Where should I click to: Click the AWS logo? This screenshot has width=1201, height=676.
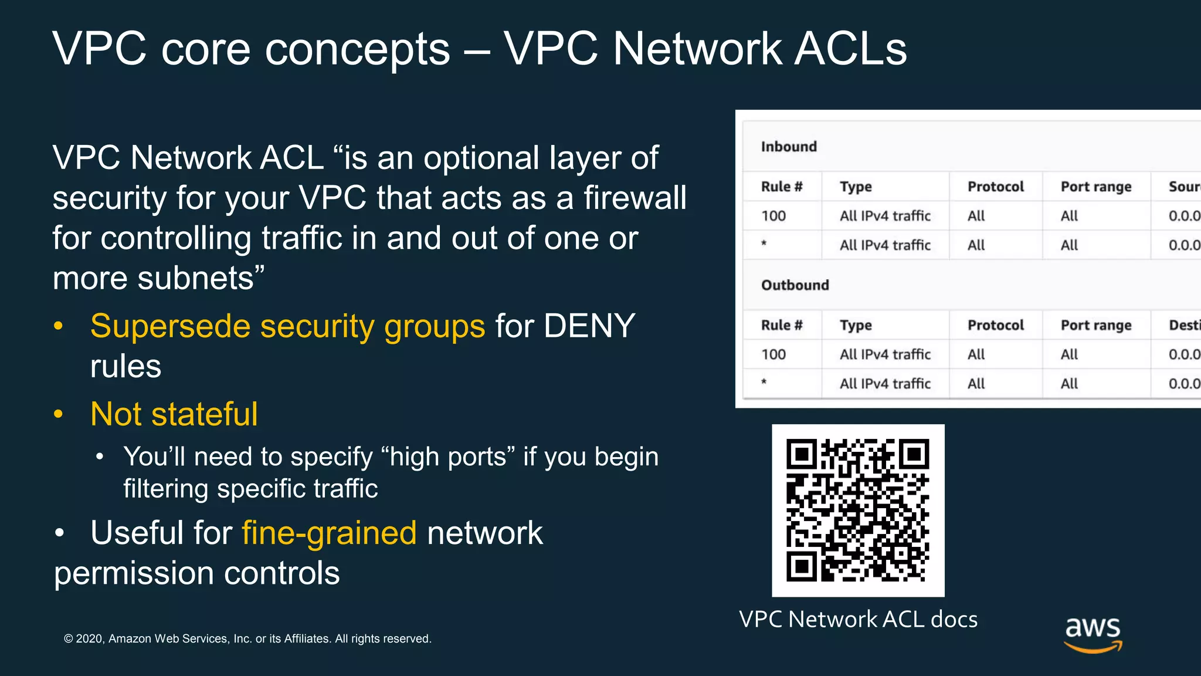click(x=1093, y=634)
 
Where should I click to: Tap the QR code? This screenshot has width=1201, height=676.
click(x=858, y=510)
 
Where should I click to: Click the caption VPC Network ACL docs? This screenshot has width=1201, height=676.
click(x=858, y=619)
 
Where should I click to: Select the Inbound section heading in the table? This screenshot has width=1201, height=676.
click(x=789, y=147)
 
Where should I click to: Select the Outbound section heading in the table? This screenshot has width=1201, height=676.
click(x=795, y=285)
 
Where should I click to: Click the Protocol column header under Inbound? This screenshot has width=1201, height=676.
click(x=995, y=187)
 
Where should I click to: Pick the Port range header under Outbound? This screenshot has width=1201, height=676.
click(x=1095, y=325)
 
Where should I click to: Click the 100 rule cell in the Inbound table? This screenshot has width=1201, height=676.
click(x=773, y=216)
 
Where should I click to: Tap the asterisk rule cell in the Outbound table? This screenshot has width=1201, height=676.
click(x=764, y=383)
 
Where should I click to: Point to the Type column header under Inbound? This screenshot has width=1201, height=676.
click(x=856, y=187)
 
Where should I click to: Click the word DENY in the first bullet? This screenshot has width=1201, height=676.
click(x=589, y=326)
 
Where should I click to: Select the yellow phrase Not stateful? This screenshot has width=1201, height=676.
click(x=174, y=414)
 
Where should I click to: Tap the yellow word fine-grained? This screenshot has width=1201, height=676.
click(x=329, y=533)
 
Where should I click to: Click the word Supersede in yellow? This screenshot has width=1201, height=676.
click(x=170, y=326)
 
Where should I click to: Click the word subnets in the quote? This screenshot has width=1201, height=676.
click(x=195, y=278)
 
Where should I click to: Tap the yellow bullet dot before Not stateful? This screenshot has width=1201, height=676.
click(x=58, y=414)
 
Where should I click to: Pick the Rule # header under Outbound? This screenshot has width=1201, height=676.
click(x=781, y=325)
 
